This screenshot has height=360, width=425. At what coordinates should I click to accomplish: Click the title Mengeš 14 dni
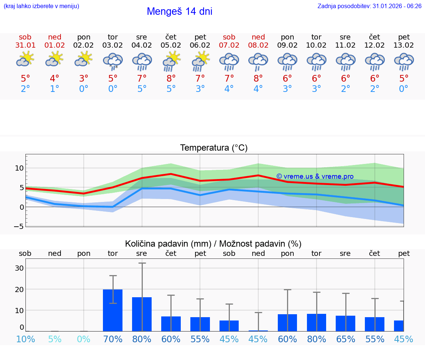[179, 11]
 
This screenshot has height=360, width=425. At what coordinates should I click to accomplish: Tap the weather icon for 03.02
[113, 61]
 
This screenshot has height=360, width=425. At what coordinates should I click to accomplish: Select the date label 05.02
[171, 45]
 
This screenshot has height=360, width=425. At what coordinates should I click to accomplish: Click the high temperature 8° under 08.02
[258, 78]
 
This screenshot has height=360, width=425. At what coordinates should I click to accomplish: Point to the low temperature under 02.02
[84, 89]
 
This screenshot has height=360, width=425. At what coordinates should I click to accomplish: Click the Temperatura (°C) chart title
[214, 148]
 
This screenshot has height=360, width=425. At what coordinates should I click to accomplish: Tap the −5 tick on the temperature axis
[19, 226]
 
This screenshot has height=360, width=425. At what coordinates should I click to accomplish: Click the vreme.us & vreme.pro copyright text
[315, 176]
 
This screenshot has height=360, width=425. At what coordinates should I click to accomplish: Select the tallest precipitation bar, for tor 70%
[113, 310]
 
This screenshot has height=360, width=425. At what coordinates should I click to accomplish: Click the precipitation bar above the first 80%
[142, 314]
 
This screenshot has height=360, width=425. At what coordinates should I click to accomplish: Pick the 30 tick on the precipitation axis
[19, 268]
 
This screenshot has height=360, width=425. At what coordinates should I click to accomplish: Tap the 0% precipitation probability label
[84, 339]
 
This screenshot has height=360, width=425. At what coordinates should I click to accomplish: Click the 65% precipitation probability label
[345, 339]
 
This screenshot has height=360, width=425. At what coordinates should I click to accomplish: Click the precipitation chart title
[213, 244]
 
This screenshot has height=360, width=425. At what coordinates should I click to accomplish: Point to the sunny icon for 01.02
[55, 59]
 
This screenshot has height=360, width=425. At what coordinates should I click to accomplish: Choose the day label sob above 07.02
[229, 37]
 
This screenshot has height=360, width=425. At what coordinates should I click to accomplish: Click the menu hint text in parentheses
[41, 6]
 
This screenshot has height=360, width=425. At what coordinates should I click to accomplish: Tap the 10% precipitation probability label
[25, 339]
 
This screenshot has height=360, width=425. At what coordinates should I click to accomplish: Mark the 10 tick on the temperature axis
[19, 168]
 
